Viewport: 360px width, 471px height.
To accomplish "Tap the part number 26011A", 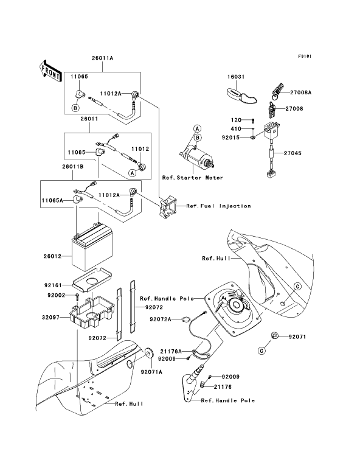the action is (x=102, y=58).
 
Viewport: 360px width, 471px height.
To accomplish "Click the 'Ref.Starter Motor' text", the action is (x=192, y=178).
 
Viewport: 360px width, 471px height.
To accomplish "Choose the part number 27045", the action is (x=292, y=153).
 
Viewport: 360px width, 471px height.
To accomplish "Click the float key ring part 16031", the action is (x=241, y=94).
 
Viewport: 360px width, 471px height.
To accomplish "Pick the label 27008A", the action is (x=300, y=92).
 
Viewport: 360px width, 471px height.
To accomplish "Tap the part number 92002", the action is (x=56, y=295).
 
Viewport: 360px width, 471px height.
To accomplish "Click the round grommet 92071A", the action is (x=148, y=353).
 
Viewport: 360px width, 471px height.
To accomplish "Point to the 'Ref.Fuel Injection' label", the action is (x=218, y=206).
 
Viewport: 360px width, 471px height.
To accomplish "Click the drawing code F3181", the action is (x=305, y=56).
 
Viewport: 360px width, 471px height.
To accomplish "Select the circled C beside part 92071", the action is (x=262, y=351).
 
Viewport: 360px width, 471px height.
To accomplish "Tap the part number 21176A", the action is (x=171, y=351).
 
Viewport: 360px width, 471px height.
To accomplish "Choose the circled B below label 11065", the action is (x=75, y=108).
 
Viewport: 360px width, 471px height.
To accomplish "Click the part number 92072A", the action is (x=161, y=319).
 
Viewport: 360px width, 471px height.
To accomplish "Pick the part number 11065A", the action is (x=52, y=200).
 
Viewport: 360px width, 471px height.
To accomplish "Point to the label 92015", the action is (x=230, y=138).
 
